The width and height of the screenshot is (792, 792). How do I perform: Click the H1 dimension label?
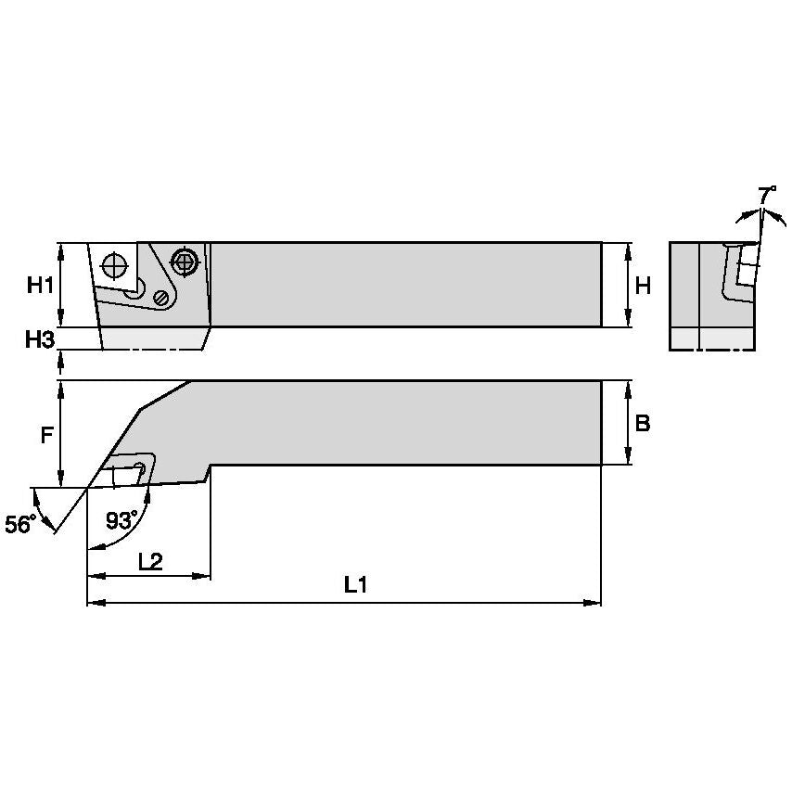(x=39, y=286)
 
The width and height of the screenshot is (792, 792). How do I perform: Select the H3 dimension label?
(x=39, y=339)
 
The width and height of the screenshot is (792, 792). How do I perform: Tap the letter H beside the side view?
(x=642, y=286)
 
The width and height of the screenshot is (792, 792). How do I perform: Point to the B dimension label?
(x=642, y=423)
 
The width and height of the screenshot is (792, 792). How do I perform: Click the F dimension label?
(x=46, y=434)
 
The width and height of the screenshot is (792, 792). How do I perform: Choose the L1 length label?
(x=354, y=585)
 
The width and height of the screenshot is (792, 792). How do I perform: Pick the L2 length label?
(x=150, y=561)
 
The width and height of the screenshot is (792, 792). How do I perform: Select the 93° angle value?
(x=121, y=519)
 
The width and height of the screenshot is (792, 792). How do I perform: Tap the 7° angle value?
(x=767, y=196)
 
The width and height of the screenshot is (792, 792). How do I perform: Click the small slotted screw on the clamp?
(x=163, y=298)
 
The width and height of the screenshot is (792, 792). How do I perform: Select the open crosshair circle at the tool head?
(x=113, y=265)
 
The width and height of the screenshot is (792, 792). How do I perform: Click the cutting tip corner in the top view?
(x=87, y=487)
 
